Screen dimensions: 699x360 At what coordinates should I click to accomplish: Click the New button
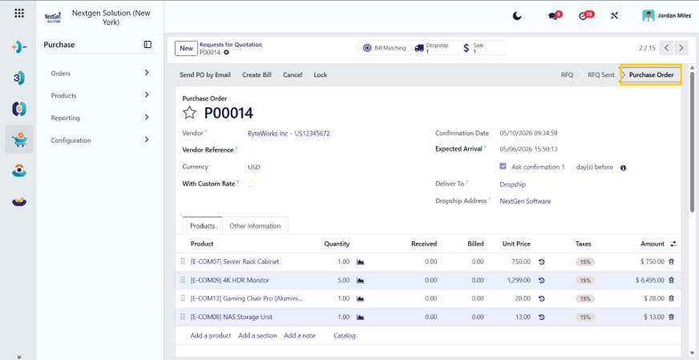click(x=186, y=48)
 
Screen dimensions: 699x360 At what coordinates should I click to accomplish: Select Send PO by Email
click(x=205, y=75)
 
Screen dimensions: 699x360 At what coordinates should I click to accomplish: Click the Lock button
click(x=320, y=75)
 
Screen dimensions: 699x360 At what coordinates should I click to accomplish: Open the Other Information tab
click(x=255, y=226)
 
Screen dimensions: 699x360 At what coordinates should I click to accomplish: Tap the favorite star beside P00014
click(x=190, y=113)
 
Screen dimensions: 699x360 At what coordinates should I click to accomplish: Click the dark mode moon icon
click(x=517, y=16)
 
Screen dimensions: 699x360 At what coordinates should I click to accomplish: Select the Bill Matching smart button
click(x=384, y=48)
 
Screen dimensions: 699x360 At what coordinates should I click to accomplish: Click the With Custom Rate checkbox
click(x=251, y=184)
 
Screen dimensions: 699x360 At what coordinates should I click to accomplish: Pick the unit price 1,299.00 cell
click(x=519, y=280)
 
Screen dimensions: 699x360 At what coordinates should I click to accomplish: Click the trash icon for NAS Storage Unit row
click(x=672, y=318)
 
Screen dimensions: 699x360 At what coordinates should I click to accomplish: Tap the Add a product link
click(x=211, y=335)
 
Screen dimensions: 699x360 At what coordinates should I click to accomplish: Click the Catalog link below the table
click(x=345, y=335)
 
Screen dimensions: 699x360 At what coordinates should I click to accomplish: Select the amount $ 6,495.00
click(x=650, y=280)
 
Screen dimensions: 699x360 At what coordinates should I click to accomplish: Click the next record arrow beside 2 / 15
click(x=681, y=48)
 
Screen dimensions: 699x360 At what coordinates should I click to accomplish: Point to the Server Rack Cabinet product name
click(x=235, y=262)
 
